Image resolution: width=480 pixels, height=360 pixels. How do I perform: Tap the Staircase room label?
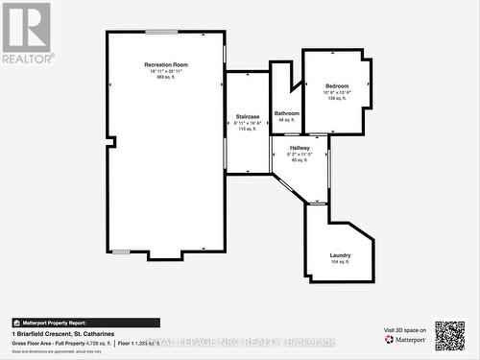(248, 116)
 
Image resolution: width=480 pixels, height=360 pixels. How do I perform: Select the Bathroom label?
(286, 113)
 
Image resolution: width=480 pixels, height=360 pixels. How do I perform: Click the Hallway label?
(299, 148)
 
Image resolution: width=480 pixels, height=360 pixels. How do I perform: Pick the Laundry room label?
(340, 254)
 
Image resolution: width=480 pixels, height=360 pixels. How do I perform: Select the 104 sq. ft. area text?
(340, 262)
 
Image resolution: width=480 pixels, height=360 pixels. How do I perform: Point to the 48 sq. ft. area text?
(286, 120)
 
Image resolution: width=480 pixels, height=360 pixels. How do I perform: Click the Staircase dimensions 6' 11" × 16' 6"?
(248, 123)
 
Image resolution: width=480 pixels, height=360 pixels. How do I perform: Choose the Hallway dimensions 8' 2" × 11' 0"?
(299, 154)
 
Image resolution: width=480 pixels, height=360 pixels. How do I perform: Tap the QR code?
(449, 336)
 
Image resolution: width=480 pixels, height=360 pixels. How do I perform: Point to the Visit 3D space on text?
(404, 329)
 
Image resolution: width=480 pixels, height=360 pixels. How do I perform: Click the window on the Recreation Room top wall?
(161, 32)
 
